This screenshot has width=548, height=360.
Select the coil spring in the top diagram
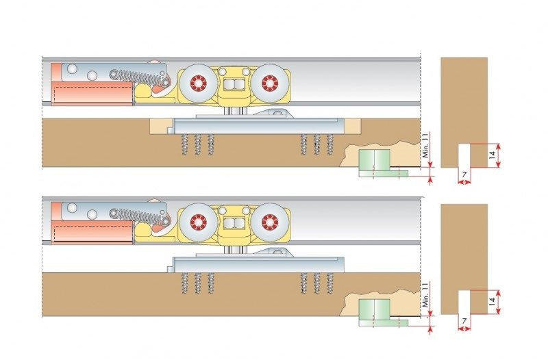pyautogui.click(x=128, y=75)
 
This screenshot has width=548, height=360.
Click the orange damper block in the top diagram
pyautogui.click(x=91, y=95)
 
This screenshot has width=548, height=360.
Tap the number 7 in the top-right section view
pyautogui.click(x=464, y=176)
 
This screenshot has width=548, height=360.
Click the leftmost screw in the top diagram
pyautogui.click(x=184, y=144)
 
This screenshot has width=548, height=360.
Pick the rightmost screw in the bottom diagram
pyautogui.click(x=330, y=282)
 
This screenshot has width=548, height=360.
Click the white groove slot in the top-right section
pyautogui.click(x=464, y=155)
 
